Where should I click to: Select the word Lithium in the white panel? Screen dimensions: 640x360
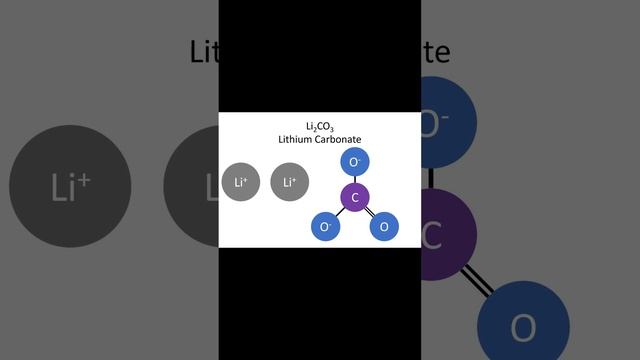pyautogui.click(x=297, y=140)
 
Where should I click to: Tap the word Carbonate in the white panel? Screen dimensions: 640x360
pyautogui.click(x=340, y=140)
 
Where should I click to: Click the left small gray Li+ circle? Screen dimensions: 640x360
pyautogui.click(x=241, y=182)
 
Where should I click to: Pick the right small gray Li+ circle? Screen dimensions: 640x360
pyautogui.click(x=290, y=182)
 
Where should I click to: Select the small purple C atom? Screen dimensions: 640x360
pyautogui.click(x=355, y=197)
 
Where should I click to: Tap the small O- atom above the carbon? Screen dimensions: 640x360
pyautogui.click(x=355, y=161)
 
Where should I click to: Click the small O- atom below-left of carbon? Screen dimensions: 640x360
pyautogui.click(x=325, y=227)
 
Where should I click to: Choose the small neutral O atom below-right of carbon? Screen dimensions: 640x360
pyautogui.click(x=385, y=227)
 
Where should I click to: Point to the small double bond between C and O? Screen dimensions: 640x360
pyautogui.click(x=370, y=213)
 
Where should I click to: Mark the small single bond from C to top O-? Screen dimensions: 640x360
pyautogui.click(x=355, y=178)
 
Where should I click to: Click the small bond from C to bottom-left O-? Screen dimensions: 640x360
pyautogui.click(x=340, y=213)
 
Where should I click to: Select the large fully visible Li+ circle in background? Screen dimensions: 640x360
pyautogui.click(x=70, y=187)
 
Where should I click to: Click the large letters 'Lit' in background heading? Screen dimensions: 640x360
pyautogui.click(x=204, y=51)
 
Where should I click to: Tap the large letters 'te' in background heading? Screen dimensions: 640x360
pyautogui.click(x=435, y=51)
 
